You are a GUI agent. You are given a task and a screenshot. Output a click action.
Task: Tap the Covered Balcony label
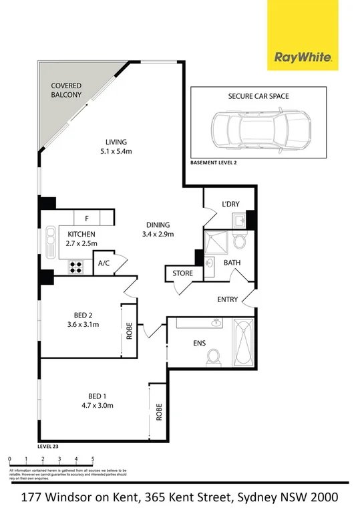[x=67, y=90]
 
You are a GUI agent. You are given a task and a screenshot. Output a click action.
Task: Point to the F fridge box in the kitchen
[x=86, y=218]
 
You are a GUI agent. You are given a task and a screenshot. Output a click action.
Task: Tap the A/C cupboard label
[x=104, y=263]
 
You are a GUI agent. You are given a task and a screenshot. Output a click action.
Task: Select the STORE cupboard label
[x=182, y=273]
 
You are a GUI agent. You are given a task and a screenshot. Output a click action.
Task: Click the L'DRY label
[x=230, y=205]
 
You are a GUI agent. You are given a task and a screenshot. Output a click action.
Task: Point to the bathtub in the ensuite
[x=243, y=342]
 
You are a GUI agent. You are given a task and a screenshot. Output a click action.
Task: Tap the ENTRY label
[x=227, y=299]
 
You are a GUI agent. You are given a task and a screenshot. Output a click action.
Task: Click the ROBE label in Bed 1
[x=160, y=412]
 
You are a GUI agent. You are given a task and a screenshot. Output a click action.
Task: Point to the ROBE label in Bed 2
[x=129, y=332]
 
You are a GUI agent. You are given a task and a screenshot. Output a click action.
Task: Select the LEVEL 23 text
[x=51, y=444]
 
